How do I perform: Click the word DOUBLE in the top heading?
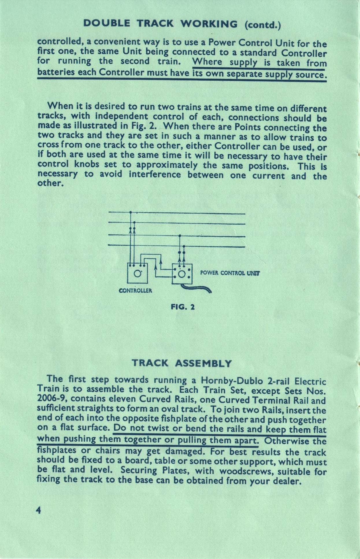coord(106,23)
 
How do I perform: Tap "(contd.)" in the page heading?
coord(263,25)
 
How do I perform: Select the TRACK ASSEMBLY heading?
coord(182,363)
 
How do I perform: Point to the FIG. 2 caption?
coord(183,307)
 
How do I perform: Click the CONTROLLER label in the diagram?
coord(135,290)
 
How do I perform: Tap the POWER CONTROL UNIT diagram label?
coord(230,273)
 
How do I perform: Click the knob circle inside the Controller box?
coord(138,273)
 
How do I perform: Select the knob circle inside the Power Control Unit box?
coord(182,274)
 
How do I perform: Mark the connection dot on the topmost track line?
coord(130,212)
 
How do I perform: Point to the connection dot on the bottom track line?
coord(184,246)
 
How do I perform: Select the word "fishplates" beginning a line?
coord(57,450)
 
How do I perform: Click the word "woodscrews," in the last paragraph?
coord(246,471)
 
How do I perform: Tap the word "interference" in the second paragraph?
coord(155,175)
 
